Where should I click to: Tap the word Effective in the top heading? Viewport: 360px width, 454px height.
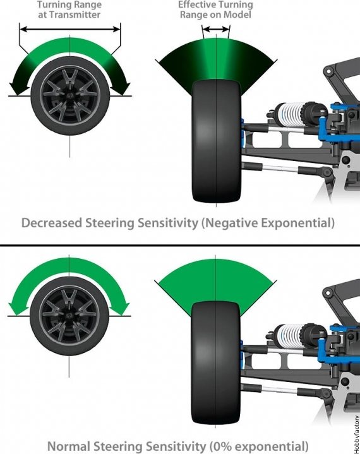coord(197,4)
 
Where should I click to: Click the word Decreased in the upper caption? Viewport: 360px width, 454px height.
coord(52,223)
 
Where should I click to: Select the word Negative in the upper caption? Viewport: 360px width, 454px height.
coord(230,224)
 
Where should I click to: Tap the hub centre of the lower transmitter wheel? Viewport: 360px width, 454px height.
coord(69,315)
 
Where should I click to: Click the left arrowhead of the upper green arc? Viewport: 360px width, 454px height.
coord(15,88)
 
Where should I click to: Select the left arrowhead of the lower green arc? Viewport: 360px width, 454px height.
coord(15,309)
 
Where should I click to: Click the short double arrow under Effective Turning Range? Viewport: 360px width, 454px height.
coord(216,29)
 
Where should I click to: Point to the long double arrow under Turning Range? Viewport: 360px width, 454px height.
coord(70,29)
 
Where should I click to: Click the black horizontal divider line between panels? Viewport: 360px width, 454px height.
coord(180,246)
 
